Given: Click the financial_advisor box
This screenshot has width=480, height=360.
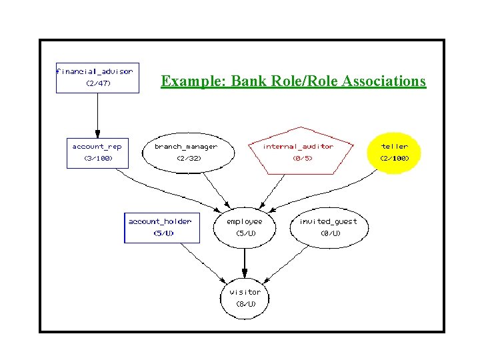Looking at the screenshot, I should pyautogui.click(x=97, y=77).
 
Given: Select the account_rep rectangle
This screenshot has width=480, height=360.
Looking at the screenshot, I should pyautogui.click(x=97, y=152).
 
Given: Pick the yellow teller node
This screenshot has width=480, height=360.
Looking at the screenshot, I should pyautogui.click(x=395, y=152).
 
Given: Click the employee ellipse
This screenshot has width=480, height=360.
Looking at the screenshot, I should pyautogui.click(x=245, y=227).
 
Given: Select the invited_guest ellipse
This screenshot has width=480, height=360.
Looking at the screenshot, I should pyautogui.click(x=329, y=227).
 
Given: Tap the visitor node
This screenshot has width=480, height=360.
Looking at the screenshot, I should pyautogui.click(x=245, y=297).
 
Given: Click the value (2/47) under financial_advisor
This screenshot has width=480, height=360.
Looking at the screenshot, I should pyautogui.click(x=98, y=84).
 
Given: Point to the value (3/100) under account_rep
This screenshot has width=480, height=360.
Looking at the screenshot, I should pyautogui.click(x=97, y=159).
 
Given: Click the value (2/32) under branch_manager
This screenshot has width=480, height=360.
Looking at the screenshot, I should pyautogui.click(x=188, y=159).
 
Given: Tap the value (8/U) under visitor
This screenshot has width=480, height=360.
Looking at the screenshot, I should pyautogui.click(x=245, y=304).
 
